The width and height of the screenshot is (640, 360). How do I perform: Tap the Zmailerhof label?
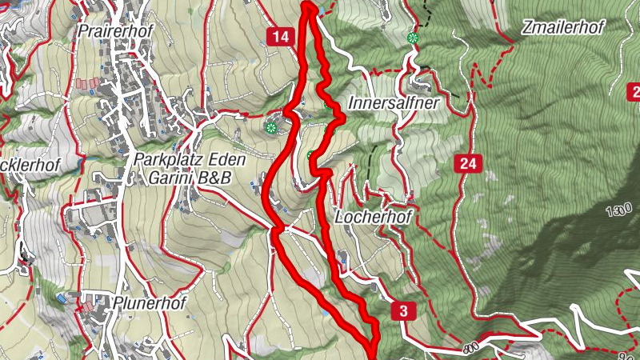tap(562, 26)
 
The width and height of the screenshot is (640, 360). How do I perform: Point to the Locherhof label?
tap(367, 217)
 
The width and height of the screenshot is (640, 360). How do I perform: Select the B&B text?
tap(214, 178)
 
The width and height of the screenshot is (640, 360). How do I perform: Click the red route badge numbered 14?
tap(279, 36)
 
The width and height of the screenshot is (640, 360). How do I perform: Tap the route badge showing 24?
tap(468, 165)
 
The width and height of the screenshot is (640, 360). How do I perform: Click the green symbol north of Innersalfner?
tap(413, 38)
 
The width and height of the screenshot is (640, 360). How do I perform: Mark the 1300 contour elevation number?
tap(617, 212)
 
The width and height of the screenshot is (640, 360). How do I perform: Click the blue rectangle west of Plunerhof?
tap(62, 298)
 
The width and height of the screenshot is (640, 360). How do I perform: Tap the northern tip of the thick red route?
tap(309, 6)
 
